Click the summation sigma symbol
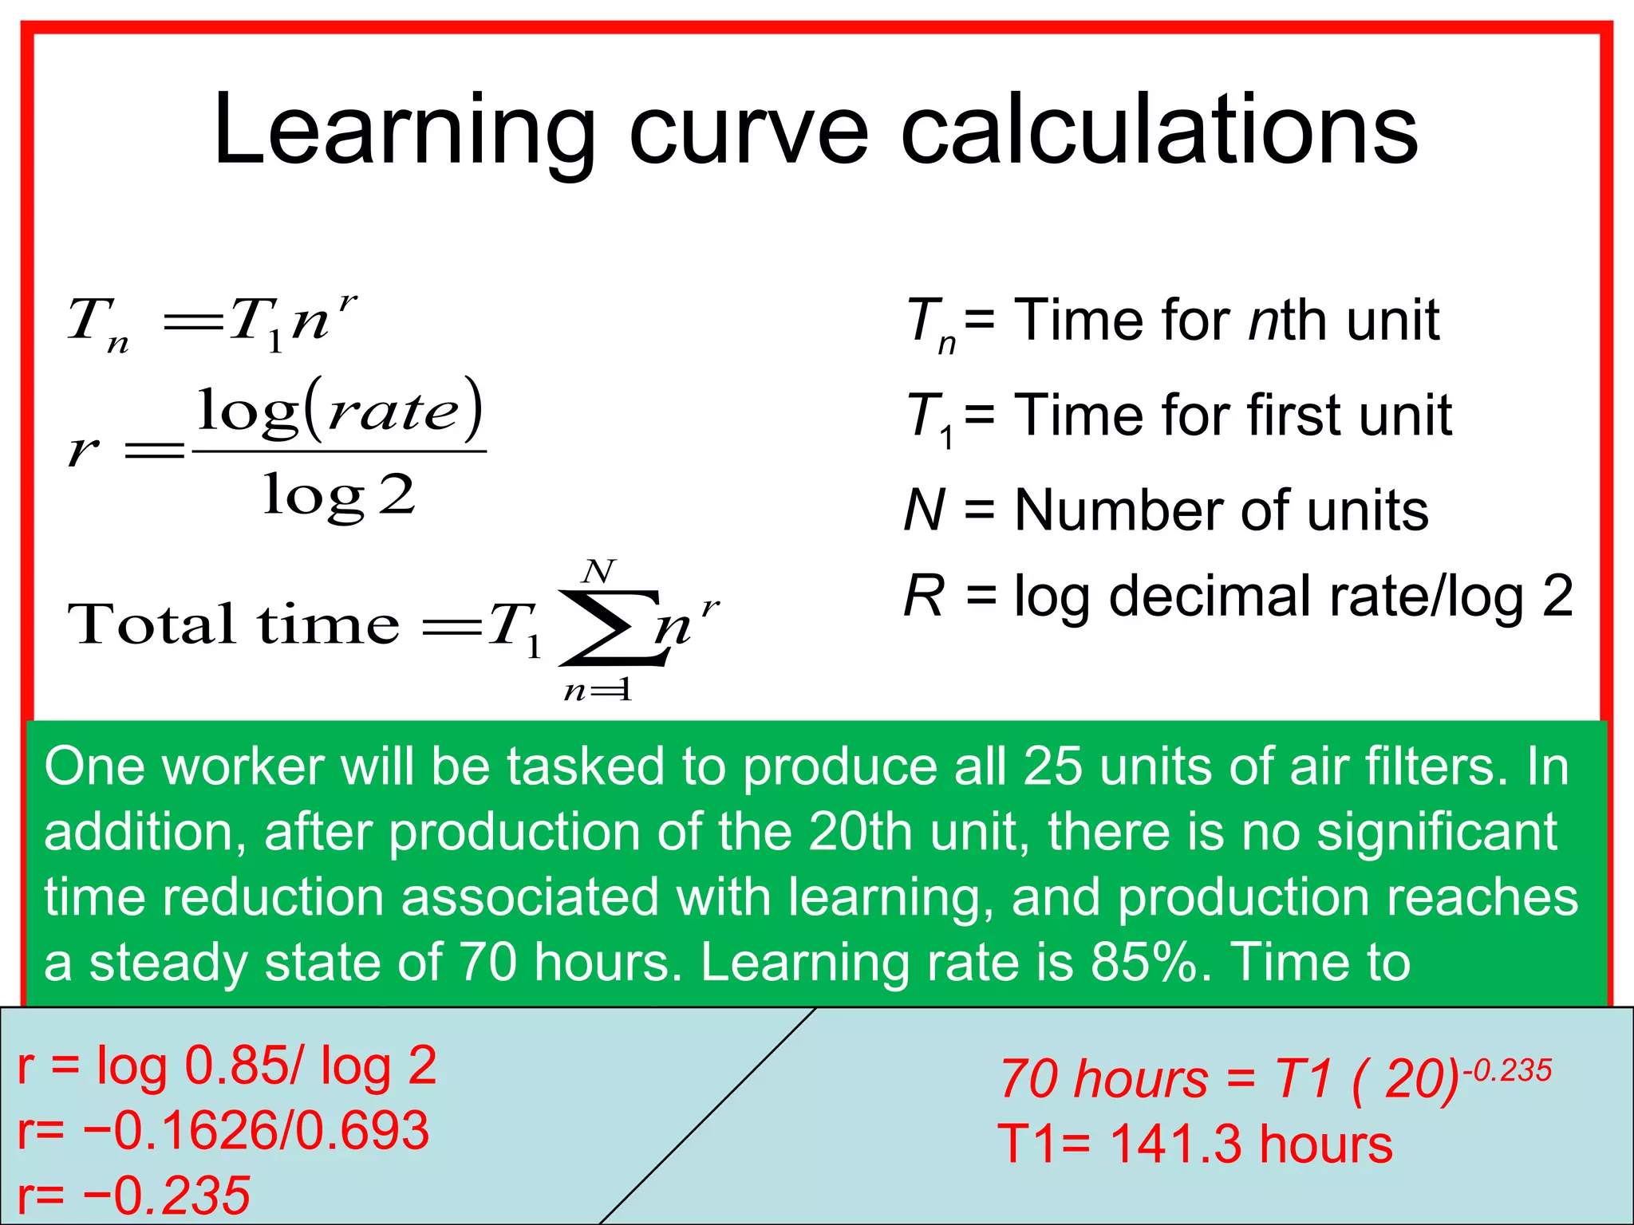click(610, 627)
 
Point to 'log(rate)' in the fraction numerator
click(340, 411)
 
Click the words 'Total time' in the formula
click(233, 624)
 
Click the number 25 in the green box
click(1052, 767)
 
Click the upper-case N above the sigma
click(598, 571)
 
